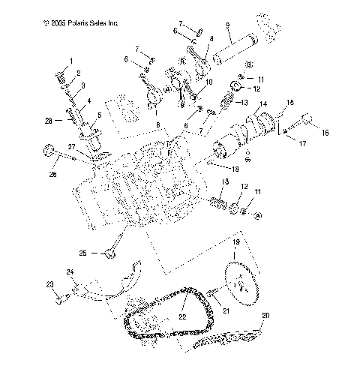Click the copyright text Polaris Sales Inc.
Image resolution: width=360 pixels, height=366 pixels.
point(81,23)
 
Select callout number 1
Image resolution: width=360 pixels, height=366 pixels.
point(72,60)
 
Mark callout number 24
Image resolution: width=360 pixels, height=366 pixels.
point(70,271)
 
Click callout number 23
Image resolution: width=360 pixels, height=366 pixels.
point(50,285)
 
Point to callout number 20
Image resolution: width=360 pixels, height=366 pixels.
point(265,316)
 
